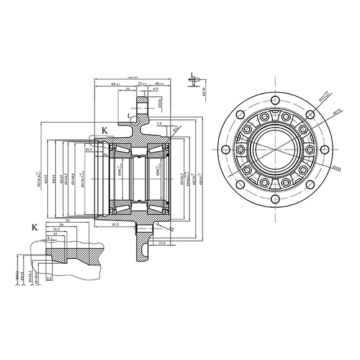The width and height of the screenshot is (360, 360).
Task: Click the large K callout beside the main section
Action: [x=105, y=130]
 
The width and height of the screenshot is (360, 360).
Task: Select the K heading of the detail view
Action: [x=35, y=227]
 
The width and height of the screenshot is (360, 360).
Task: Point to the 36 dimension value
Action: [x=128, y=89]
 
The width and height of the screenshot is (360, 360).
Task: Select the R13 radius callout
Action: [x=175, y=129]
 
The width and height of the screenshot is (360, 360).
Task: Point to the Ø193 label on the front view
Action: [x=337, y=167]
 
